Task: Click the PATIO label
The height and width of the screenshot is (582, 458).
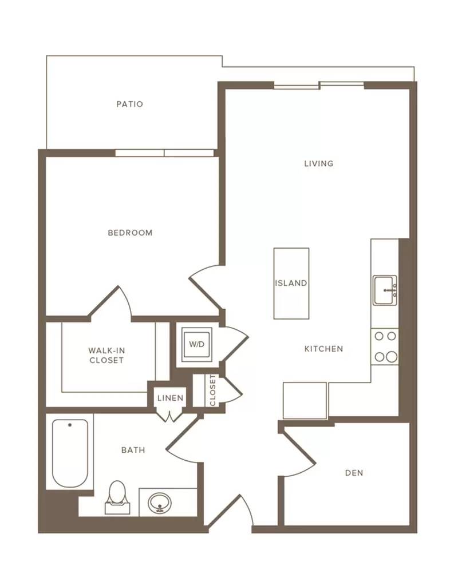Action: pyautogui.click(x=130, y=104)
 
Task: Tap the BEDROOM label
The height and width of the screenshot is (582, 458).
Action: pyautogui.click(x=130, y=233)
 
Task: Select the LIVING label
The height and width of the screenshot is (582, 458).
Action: pyautogui.click(x=319, y=164)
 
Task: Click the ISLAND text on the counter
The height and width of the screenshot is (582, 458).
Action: pyautogui.click(x=291, y=283)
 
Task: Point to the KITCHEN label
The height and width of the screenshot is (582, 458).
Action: pyautogui.click(x=324, y=349)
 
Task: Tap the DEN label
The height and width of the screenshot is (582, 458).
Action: pyautogui.click(x=354, y=473)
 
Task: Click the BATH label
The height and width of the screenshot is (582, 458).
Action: pyautogui.click(x=133, y=451)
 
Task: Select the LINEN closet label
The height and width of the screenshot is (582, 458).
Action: pyautogui.click(x=170, y=398)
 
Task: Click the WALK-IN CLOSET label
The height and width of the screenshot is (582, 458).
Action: pyautogui.click(x=106, y=355)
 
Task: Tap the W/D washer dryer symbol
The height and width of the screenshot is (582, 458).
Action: pyautogui.click(x=197, y=344)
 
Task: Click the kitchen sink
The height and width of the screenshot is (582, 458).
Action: pyautogui.click(x=385, y=290)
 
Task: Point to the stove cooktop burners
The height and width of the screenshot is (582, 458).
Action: pyautogui.click(x=385, y=346)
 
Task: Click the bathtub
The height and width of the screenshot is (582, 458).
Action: pyautogui.click(x=70, y=453)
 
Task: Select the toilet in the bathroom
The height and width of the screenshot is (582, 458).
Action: pyautogui.click(x=118, y=497)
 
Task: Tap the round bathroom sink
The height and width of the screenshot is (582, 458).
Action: pyautogui.click(x=160, y=503)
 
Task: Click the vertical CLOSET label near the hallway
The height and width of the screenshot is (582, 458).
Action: pyautogui.click(x=212, y=390)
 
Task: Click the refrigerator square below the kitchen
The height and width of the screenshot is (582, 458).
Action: pyautogui.click(x=305, y=401)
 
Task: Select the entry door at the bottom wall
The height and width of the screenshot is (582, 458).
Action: pyautogui.click(x=230, y=511)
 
